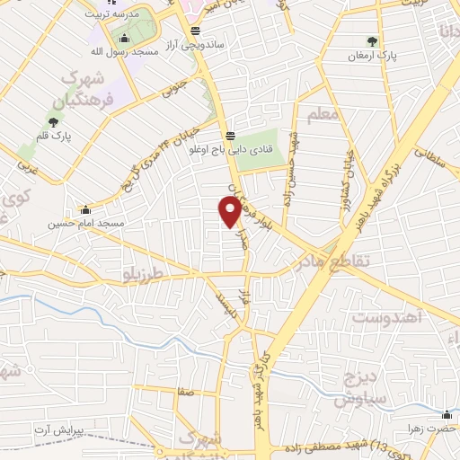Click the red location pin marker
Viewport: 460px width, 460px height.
tap(229, 211)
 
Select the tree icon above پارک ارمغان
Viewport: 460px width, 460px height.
tap(372, 40)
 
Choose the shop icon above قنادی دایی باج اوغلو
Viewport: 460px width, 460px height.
tap(232, 136)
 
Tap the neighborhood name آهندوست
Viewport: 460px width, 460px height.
tap(385, 318)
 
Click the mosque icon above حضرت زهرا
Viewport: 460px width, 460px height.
tap(447, 414)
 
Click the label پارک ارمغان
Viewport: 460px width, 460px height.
tap(371, 56)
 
